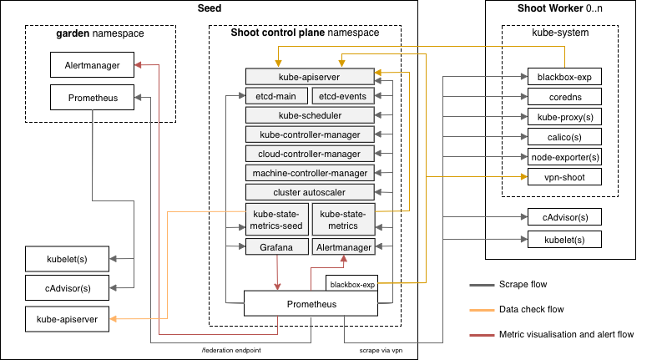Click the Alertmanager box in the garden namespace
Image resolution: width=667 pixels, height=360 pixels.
(92, 64)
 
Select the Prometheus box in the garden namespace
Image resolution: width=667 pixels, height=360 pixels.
(92, 97)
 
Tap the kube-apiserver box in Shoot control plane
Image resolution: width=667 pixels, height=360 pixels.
(310, 76)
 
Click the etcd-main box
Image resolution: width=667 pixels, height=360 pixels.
(276, 95)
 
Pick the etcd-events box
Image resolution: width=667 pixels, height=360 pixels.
(343, 95)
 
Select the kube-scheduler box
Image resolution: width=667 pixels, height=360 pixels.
(310, 114)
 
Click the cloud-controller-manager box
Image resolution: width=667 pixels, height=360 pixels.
(310, 153)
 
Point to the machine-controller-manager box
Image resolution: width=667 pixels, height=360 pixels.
(310, 172)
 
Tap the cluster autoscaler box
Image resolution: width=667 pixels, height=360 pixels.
(310, 191)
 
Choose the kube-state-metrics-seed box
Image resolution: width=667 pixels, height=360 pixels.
(276, 219)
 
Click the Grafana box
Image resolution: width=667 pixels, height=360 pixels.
(276, 247)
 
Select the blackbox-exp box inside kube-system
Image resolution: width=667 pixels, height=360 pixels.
(563, 77)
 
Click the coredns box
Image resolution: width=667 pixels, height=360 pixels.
(563, 97)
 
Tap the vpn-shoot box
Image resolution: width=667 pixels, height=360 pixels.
(563, 177)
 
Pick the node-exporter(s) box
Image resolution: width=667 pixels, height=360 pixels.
(563, 157)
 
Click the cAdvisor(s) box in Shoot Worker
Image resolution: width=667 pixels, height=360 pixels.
(563, 217)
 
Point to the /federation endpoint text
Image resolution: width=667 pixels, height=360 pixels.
(232, 350)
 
